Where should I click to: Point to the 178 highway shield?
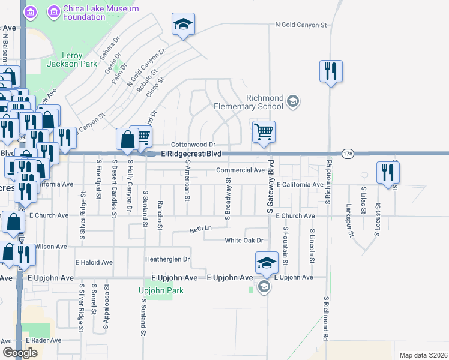tap(348, 154)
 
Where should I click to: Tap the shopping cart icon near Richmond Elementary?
tap(264, 131)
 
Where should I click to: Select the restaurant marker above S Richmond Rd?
tap(330, 71)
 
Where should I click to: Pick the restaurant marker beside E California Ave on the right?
tap(388, 172)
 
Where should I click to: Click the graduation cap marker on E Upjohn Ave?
tap(267, 263)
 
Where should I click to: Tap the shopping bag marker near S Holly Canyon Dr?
tap(128, 140)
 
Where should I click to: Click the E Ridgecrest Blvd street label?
tap(195, 154)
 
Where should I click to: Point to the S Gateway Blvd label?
tap(270, 187)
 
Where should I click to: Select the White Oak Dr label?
tap(244, 241)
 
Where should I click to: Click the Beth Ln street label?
tap(201, 229)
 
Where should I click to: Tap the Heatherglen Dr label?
tap(167, 259)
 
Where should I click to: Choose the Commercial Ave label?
tap(241, 170)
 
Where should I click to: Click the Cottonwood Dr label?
tap(193, 145)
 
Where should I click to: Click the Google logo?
tap(20, 352)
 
